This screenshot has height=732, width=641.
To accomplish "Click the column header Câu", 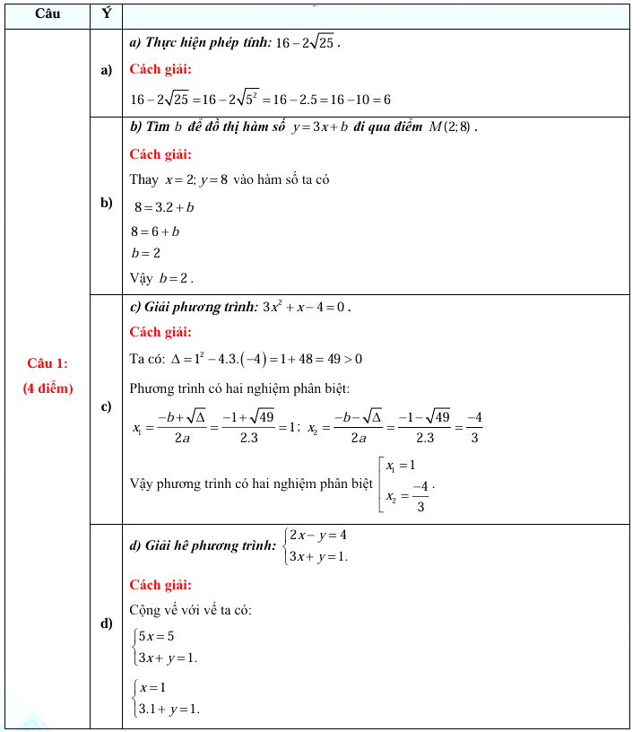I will point(48,14).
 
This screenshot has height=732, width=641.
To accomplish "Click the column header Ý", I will point(106,14).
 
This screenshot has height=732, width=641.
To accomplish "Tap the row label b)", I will point(106,204).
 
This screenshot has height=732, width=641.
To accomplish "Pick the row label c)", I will point(106,406).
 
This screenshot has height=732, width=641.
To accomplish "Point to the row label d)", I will point(106,623).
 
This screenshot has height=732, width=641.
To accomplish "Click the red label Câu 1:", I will point(48,363).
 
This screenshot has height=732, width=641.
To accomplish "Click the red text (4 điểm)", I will point(48,388).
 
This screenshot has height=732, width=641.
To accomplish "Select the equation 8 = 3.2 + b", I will point(164,207).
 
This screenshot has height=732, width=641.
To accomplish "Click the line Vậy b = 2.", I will point(161,277).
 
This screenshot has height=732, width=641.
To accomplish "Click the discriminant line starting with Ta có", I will point(246,360).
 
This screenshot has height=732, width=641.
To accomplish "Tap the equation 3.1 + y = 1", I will point(168,709).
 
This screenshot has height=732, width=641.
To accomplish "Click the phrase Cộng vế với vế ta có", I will point(190,611).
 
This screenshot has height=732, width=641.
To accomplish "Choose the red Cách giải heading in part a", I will point(160,69).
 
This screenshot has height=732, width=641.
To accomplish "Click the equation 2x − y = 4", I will point(317,536).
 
